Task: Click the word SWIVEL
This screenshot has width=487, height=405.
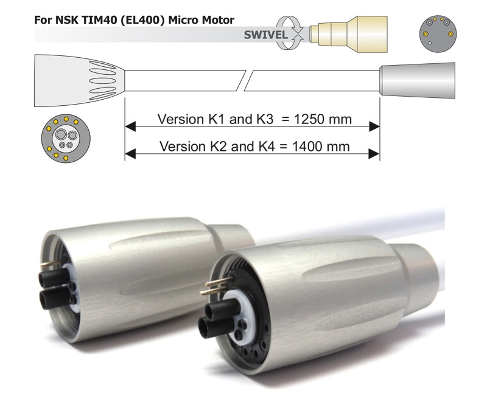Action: pyautogui.click(x=265, y=35)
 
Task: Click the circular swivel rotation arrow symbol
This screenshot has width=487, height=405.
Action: pyautogui.click(x=290, y=33)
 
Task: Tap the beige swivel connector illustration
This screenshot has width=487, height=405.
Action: pyautogui.click(x=348, y=34)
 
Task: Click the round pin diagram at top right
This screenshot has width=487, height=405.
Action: pyautogui.click(x=438, y=33)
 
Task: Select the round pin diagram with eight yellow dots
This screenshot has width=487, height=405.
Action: pyautogui.click(x=66, y=139)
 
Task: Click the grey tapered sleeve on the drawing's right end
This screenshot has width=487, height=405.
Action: pyautogui.click(x=418, y=80)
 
